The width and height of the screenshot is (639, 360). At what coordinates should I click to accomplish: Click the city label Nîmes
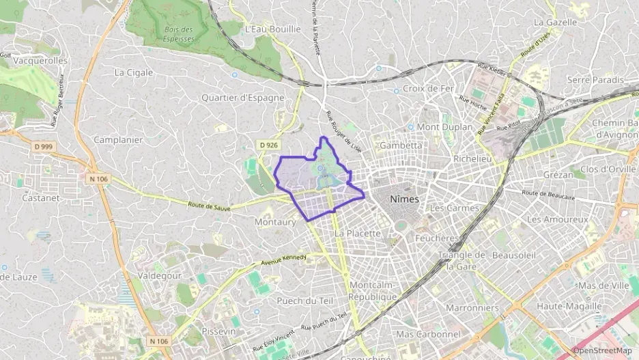[x=406, y=199]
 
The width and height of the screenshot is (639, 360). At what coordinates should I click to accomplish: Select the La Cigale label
[x=133, y=72]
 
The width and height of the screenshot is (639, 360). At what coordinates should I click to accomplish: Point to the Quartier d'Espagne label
[x=242, y=98]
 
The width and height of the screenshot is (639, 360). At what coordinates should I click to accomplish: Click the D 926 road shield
[x=268, y=145]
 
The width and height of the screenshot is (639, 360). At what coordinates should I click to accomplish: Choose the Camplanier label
[x=118, y=140]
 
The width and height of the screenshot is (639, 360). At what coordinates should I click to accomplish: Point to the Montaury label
[x=274, y=222]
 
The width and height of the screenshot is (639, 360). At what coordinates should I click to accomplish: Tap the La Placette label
[x=357, y=233]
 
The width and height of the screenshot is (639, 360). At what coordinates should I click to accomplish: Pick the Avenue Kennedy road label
[x=283, y=261]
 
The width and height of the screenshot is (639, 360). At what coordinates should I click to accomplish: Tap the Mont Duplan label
[x=444, y=127]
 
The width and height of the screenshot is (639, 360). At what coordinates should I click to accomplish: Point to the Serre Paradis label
[x=595, y=80]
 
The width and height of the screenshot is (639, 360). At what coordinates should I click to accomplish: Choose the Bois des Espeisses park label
[x=178, y=33]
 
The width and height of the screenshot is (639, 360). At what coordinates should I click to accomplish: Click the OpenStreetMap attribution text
[x=602, y=350]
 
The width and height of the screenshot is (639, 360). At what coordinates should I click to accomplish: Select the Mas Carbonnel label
[x=428, y=334]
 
